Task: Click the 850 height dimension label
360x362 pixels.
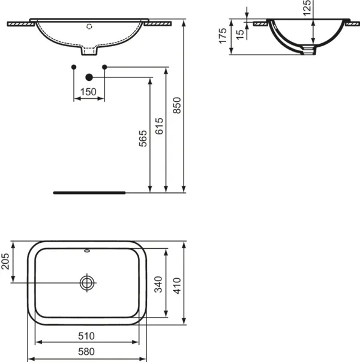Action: click(176, 107)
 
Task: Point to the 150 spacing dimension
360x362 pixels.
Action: click(89, 92)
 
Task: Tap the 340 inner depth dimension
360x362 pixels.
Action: click(160, 282)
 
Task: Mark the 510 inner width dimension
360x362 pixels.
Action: click(89, 336)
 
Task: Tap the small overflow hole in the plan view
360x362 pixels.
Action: click(89, 251)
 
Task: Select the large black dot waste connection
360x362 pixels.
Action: click(89, 77)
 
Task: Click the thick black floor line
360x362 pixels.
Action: click(89, 193)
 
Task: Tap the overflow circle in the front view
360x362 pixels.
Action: click(89, 26)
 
